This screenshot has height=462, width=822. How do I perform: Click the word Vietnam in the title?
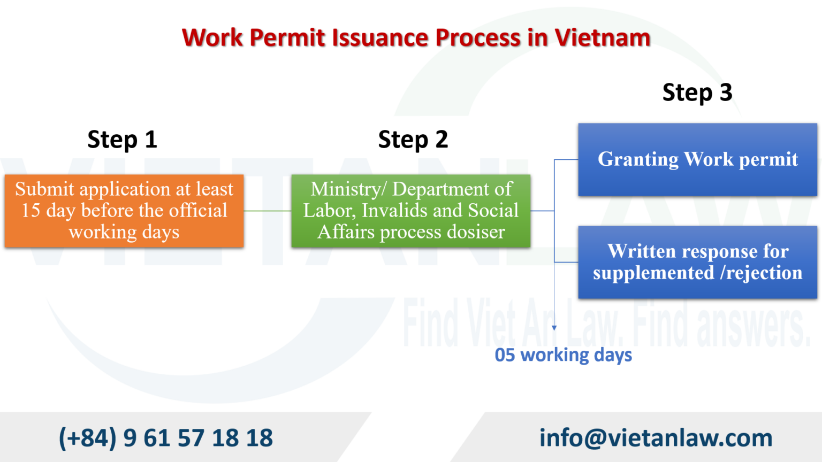tap(602, 38)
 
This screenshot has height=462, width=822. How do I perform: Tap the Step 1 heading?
tap(122, 140)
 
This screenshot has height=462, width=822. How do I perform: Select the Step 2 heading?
tap(413, 140)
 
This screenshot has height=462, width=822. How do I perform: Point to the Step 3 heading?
tap(697, 93)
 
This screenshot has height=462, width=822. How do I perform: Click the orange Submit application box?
tap(124, 211)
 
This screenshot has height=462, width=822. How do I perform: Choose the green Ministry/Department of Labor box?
tap(411, 211)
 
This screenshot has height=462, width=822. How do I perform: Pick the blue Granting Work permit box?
tap(697, 159)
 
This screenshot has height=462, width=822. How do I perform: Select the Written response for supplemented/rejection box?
tap(697, 262)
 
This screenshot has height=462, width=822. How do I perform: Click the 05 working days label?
tap(563, 355)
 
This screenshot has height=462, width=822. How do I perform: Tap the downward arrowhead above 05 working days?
tap(554, 327)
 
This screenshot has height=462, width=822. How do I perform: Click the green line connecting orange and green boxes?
tap(268, 211)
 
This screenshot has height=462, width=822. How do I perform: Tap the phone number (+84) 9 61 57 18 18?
tap(165, 437)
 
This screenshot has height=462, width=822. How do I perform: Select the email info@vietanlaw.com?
tap(656, 437)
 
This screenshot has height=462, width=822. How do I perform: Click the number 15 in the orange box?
tap(31, 211)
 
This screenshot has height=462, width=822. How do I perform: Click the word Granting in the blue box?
tap(638, 159)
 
